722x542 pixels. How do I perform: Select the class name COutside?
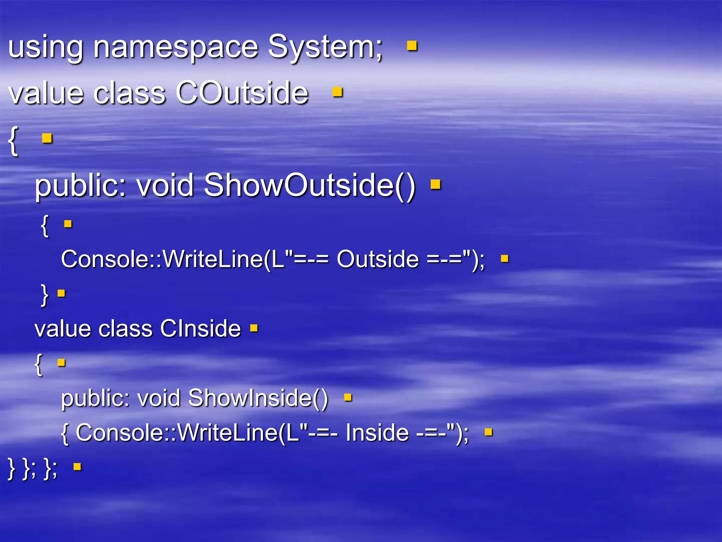tap(242, 93)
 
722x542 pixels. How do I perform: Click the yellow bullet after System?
tap(412, 46)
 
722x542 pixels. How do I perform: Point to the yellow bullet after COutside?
tap(337, 92)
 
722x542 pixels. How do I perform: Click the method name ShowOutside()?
tap(310, 185)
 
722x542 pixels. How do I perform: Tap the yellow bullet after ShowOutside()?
tap(435, 184)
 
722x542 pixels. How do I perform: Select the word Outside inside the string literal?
tap(378, 259)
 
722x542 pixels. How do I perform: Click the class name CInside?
tap(200, 329)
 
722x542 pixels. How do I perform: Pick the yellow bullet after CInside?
tap(254, 329)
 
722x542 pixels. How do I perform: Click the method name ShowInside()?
tap(258, 398)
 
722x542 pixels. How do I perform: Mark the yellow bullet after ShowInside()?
tap(348, 398)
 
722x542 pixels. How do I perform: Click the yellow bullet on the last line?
tap(77, 467)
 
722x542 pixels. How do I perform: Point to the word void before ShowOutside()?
tap(165, 185)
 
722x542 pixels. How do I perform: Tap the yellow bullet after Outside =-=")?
tap(504, 259)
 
